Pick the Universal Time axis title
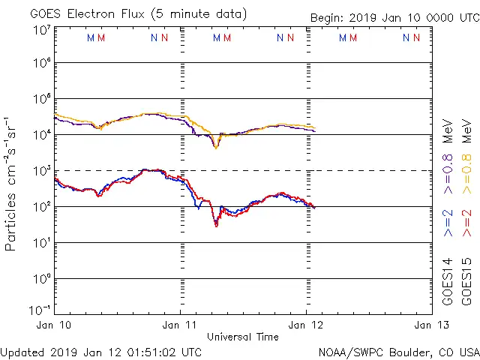click(243, 337)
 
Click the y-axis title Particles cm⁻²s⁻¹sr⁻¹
click(13, 183)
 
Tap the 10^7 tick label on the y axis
click(41, 30)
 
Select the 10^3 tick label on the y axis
click(41, 171)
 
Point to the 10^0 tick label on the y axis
click(41, 278)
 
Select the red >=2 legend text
click(466, 223)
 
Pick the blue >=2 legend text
click(448, 223)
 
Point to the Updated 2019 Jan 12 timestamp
click(100, 351)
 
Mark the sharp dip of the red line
click(216, 224)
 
